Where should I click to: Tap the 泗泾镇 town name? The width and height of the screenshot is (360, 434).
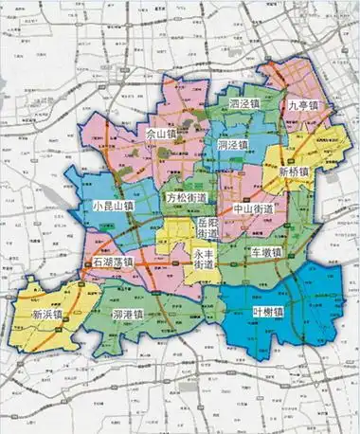248,105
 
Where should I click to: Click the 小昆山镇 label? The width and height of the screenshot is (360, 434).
114,205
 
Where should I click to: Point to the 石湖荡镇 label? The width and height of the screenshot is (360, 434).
109,262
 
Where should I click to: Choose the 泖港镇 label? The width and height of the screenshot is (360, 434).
127,314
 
